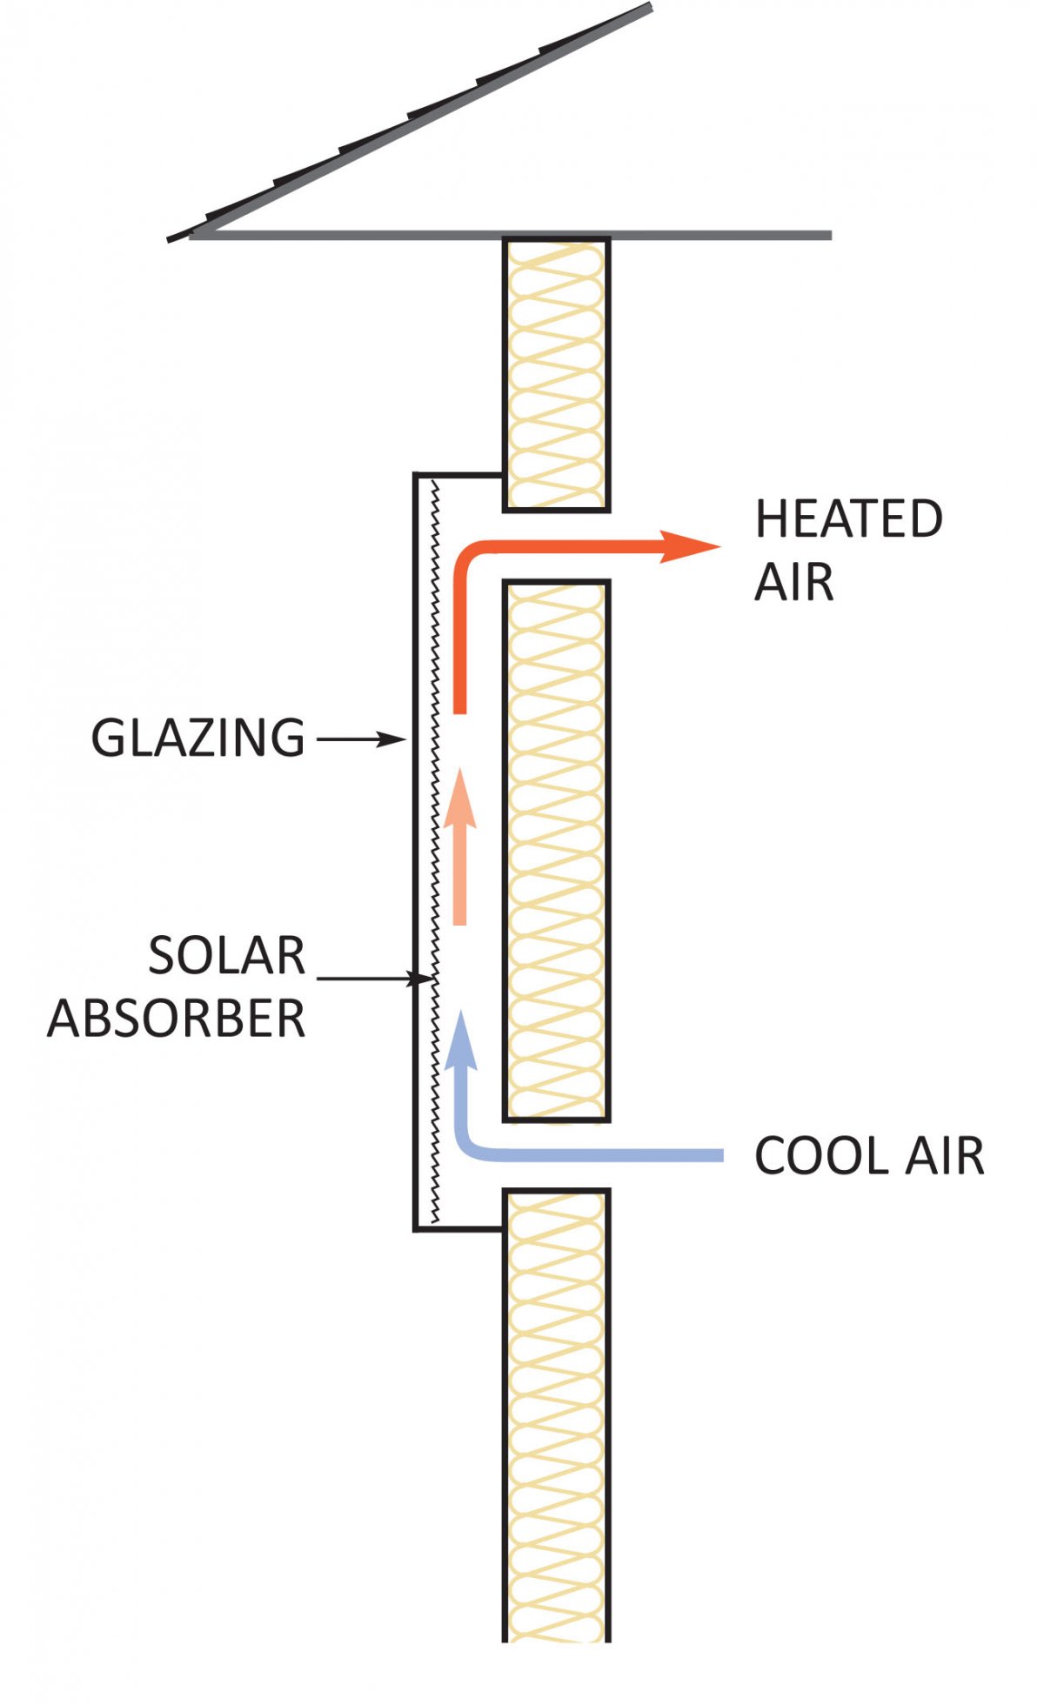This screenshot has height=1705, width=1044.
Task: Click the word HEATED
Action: pyautogui.click(x=848, y=519)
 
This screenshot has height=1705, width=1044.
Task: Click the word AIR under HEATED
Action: pyautogui.click(x=793, y=582)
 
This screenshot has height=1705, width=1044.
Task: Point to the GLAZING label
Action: pyautogui.click(x=198, y=739)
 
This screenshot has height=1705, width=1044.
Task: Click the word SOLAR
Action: pyautogui.click(x=227, y=956)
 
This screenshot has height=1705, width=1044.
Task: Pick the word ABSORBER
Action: pyautogui.click(x=177, y=1018)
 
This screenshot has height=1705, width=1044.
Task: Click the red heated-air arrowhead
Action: pyautogui.click(x=691, y=546)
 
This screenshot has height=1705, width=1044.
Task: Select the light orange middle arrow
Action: pyautogui.click(x=460, y=848)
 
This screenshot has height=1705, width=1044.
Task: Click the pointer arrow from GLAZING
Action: pyautogui.click(x=361, y=740)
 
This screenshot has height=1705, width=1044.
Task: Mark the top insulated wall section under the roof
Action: pyautogui.click(x=556, y=374)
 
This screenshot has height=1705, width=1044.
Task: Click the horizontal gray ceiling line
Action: pyautogui.click(x=696, y=235)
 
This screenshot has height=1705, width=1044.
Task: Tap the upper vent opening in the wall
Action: pyautogui.click(x=556, y=545)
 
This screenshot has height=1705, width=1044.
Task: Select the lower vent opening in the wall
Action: pyautogui.click(x=556, y=1155)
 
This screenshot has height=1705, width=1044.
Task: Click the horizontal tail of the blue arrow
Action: pyautogui.click(x=609, y=1155)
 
